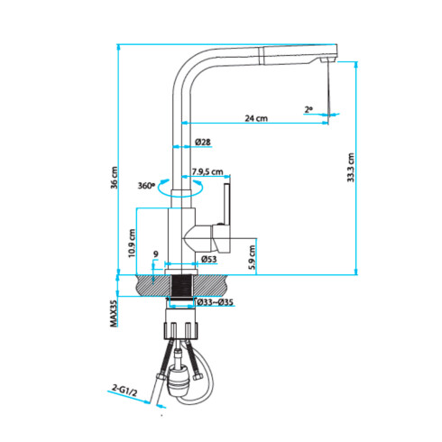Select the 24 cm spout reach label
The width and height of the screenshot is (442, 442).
click(256, 118)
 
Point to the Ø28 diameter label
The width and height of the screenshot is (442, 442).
click(203, 143)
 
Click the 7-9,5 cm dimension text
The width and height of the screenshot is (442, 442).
click(207, 171)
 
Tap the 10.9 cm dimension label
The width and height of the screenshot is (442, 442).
click(132, 242)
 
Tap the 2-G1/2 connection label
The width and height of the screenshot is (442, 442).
click(123, 389)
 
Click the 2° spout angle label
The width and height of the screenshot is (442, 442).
click(308, 109)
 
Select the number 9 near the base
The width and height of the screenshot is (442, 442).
click(156, 254)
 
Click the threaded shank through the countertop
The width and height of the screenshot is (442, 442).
click(182, 290)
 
